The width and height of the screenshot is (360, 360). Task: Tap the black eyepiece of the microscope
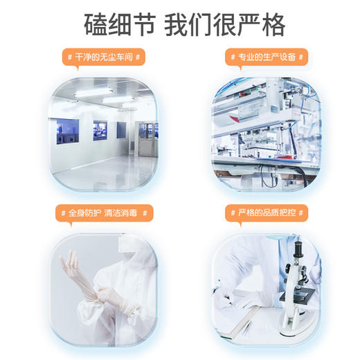[297, 244]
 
